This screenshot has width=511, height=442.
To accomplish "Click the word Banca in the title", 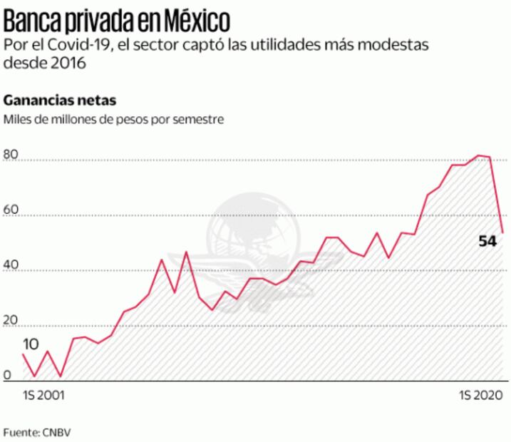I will tap(30, 17).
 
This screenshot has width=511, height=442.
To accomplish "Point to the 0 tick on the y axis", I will tap(7, 376).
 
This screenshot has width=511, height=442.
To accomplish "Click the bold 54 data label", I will tap(487, 241).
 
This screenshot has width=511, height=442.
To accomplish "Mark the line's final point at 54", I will tap(503, 232).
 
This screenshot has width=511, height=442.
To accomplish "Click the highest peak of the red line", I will tap(480, 155).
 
